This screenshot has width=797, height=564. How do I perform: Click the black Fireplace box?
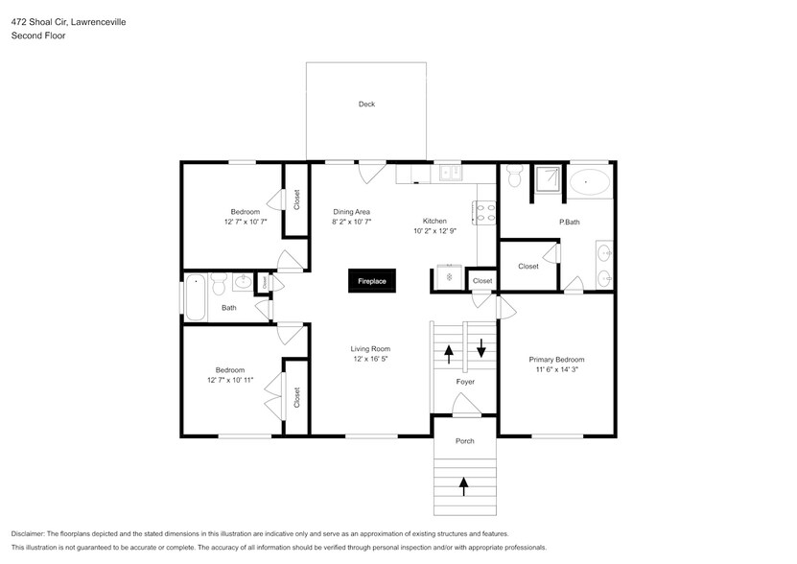pos(372,281)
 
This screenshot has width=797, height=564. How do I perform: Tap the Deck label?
pos(366,104)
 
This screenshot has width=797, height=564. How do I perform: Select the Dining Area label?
pos(352,211)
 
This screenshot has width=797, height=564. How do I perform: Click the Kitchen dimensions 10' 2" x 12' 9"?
pos(435,231)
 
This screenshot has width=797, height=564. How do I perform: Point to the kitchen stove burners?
pos(484,211)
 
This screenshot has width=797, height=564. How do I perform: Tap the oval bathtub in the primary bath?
pos(588,181)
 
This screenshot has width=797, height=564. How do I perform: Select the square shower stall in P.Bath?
pos(548,179)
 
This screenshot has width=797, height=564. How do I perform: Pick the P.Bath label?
pos(570,222)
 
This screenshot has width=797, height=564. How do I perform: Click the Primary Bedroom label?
pos(556,359)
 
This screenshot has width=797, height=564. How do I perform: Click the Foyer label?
pos(465,382)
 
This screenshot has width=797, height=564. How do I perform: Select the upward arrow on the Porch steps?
pos(464,485)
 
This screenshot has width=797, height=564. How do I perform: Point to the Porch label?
pos(464,440)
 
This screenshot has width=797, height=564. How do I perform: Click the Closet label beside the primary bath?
pos(527,266)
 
